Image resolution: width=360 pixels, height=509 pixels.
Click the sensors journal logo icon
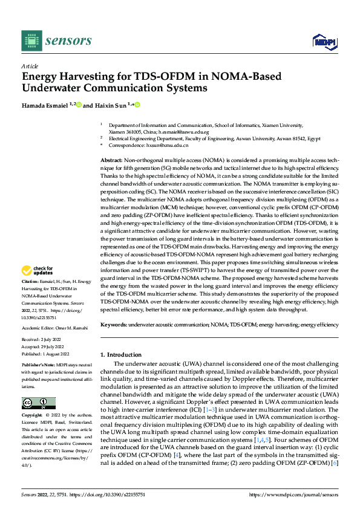click(30, 40)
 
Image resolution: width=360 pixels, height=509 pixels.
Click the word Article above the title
click(30, 66)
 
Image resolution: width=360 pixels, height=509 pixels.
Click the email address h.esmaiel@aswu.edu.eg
click(180, 132)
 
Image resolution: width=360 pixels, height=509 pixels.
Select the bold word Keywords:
click(114, 325)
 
